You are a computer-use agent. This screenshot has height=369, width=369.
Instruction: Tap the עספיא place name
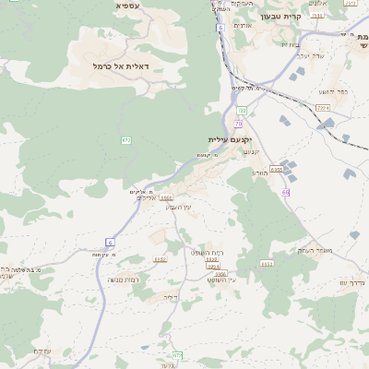(127, 6)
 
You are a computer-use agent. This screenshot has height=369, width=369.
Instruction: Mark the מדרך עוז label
(353, 281)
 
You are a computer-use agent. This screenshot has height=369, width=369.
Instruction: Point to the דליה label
(168, 297)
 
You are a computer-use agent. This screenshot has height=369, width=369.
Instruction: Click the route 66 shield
(286, 192)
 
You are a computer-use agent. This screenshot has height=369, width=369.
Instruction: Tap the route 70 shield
(238, 123)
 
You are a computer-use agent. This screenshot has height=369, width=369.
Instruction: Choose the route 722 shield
(242, 110)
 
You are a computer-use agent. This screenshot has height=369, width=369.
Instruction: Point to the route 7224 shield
(323, 108)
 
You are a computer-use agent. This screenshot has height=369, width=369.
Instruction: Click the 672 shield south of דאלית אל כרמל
(126, 139)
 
